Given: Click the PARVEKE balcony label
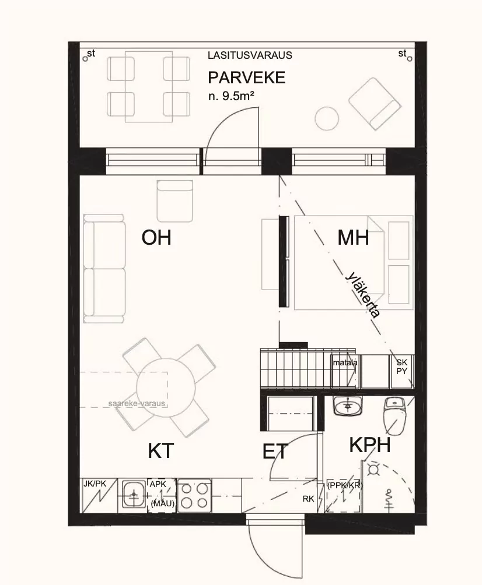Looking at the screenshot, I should coord(247,77).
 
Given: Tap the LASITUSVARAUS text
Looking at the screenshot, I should coord(250,56).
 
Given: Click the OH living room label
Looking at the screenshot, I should coord(156,238).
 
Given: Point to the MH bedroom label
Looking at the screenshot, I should coord(353,237).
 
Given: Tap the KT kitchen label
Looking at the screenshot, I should coord(160,450).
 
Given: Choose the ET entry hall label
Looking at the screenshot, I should coord(276,451).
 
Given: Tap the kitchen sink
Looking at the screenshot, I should coord(134,495).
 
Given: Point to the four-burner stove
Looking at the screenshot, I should coord(194,495).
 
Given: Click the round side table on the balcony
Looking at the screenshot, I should coord(327,118).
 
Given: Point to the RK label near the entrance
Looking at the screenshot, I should coord(308,499).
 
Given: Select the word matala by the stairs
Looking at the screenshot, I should coord(345,362).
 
